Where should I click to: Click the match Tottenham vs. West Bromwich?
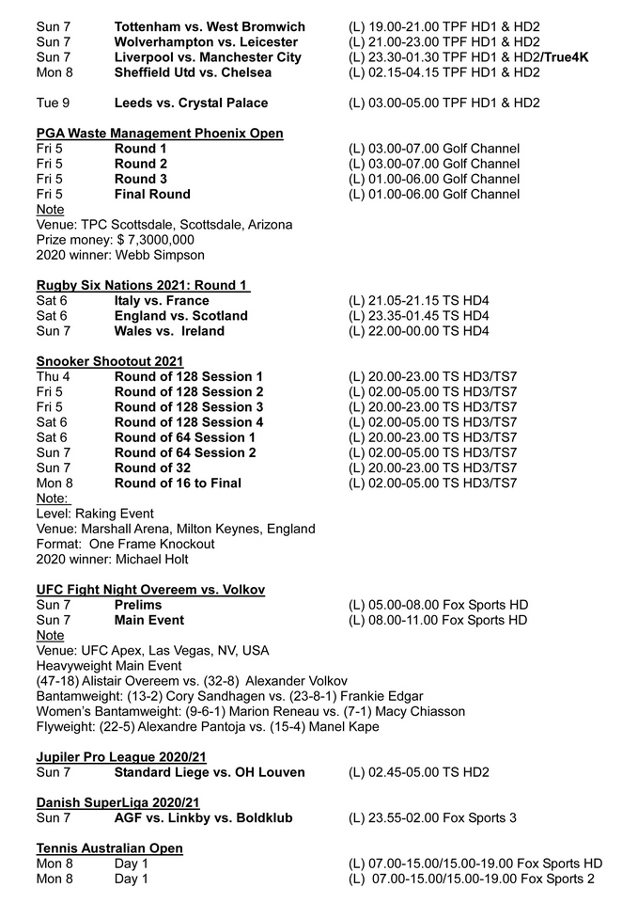(210, 26)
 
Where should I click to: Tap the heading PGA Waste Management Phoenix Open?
(160, 134)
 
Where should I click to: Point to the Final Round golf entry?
(152, 195)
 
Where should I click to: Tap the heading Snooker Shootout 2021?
(110, 361)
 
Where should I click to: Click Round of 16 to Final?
(178, 483)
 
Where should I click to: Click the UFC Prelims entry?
(138, 605)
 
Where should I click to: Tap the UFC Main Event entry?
(149, 620)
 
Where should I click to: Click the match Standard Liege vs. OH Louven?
(210, 772)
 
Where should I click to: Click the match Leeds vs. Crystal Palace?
(191, 103)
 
